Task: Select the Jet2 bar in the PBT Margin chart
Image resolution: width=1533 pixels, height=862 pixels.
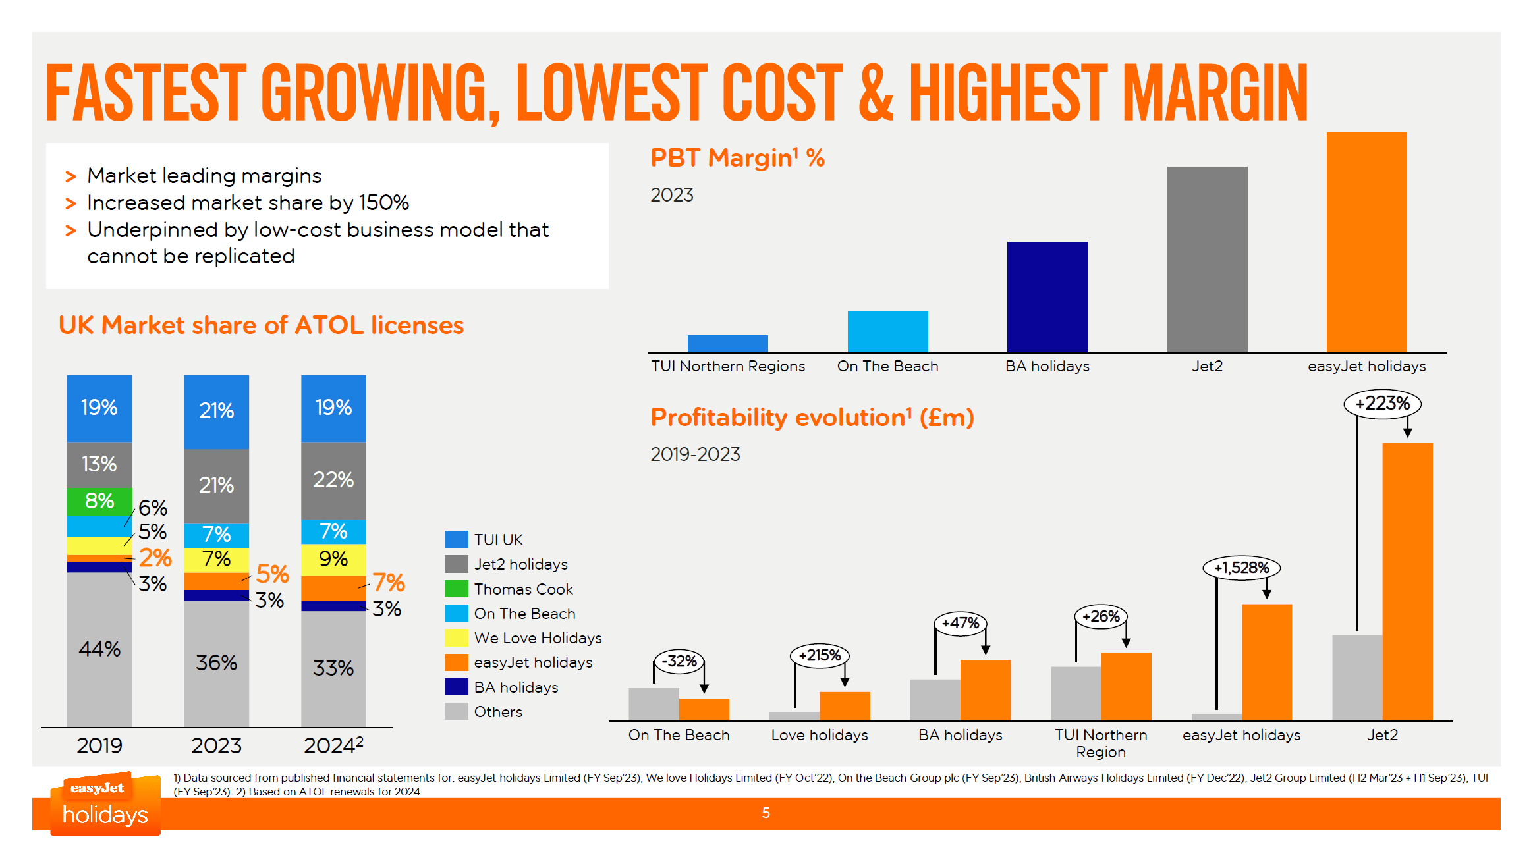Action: pos(1207,259)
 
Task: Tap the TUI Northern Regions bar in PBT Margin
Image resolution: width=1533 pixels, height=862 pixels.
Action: pos(727,344)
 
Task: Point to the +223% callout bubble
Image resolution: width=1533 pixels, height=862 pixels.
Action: pos(1382,404)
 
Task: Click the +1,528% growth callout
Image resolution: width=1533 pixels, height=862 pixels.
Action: pos(1241,568)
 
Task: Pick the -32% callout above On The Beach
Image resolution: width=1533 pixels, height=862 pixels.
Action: pos(679,661)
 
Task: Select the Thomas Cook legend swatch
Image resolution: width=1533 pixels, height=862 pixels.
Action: pos(456,589)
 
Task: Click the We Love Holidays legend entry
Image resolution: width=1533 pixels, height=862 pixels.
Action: pos(538,638)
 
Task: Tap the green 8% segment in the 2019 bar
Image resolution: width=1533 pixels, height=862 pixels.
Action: pos(99,502)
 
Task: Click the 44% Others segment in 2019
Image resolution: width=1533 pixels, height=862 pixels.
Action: pos(99,649)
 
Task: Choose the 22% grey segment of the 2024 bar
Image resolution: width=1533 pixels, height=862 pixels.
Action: pos(333,480)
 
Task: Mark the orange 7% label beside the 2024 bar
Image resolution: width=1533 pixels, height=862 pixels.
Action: pos(389,583)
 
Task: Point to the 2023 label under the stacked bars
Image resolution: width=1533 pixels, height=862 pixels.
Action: pos(216,746)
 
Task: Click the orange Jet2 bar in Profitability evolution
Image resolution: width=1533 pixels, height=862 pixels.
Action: pos(1407,581)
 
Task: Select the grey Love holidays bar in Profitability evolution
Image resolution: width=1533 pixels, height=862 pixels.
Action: pos(794,716)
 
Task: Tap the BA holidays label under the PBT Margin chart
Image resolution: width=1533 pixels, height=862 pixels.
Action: pos(1047,367)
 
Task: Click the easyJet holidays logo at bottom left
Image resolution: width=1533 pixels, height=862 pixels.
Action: pos(105,805)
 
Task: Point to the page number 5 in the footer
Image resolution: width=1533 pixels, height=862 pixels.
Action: pos(766,813)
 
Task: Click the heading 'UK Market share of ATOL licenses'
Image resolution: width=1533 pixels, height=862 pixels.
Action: pos(261,325)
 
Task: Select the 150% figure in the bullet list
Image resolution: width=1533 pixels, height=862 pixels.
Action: pos(384,203)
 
